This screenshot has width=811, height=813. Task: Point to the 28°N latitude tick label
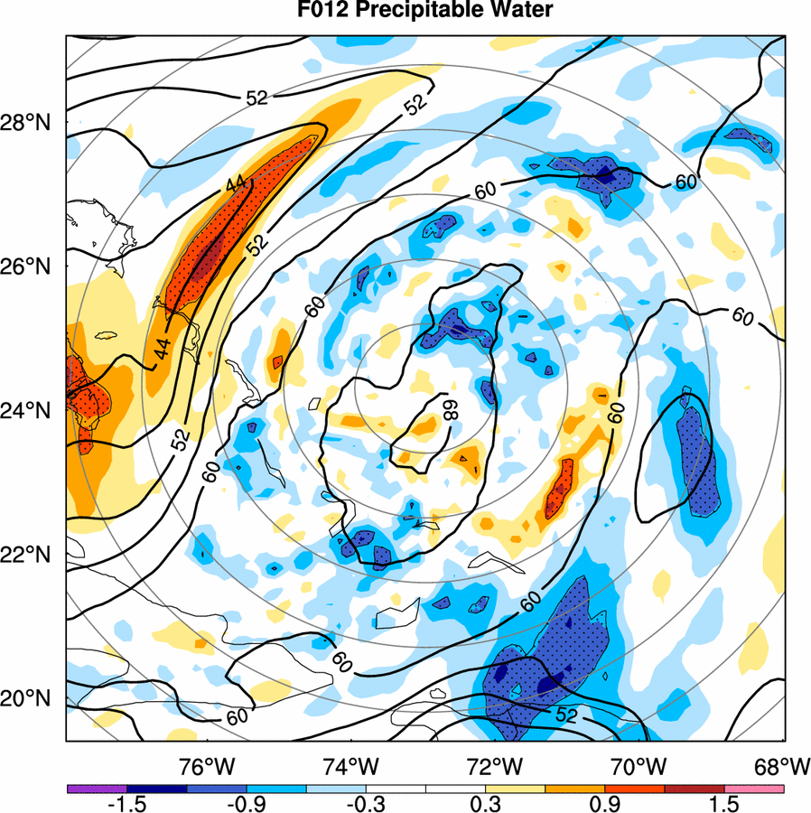[33, 123]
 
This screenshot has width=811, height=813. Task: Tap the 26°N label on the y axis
[33, 267]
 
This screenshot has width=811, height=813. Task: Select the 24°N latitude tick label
[33, 411]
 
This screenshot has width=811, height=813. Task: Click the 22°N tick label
[33, 555]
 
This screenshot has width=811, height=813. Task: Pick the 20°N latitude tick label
[33, 699]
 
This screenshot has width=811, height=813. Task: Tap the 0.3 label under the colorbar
[485, 804]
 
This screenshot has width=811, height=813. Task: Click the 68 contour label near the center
[447, 411]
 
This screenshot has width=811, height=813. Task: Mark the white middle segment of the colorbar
[424, 789]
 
